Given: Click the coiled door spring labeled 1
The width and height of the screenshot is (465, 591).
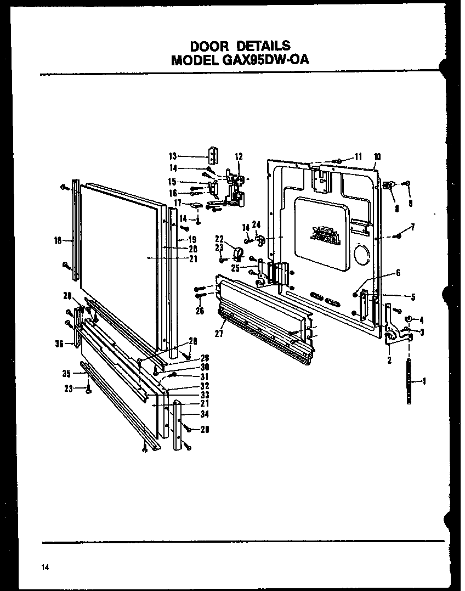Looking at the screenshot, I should (409, 381).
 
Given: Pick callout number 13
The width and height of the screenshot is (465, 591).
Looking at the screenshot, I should (173, 155).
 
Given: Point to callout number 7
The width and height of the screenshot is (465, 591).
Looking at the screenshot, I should (412, 227).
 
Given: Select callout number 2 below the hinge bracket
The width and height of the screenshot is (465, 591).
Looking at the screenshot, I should (389, 361).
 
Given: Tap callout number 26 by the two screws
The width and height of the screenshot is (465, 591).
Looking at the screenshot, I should (200, 311).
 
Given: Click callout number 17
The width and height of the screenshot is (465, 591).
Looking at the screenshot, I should (178, 203).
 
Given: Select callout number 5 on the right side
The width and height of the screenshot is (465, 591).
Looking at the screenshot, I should (412, 297).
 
